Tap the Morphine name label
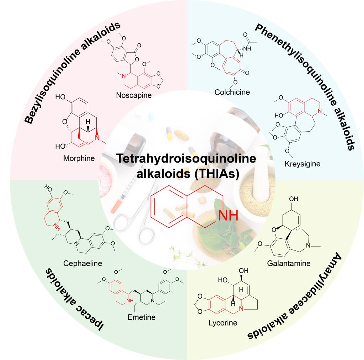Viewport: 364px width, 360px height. pos(79,158)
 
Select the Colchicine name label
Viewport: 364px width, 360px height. pos(232,92)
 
